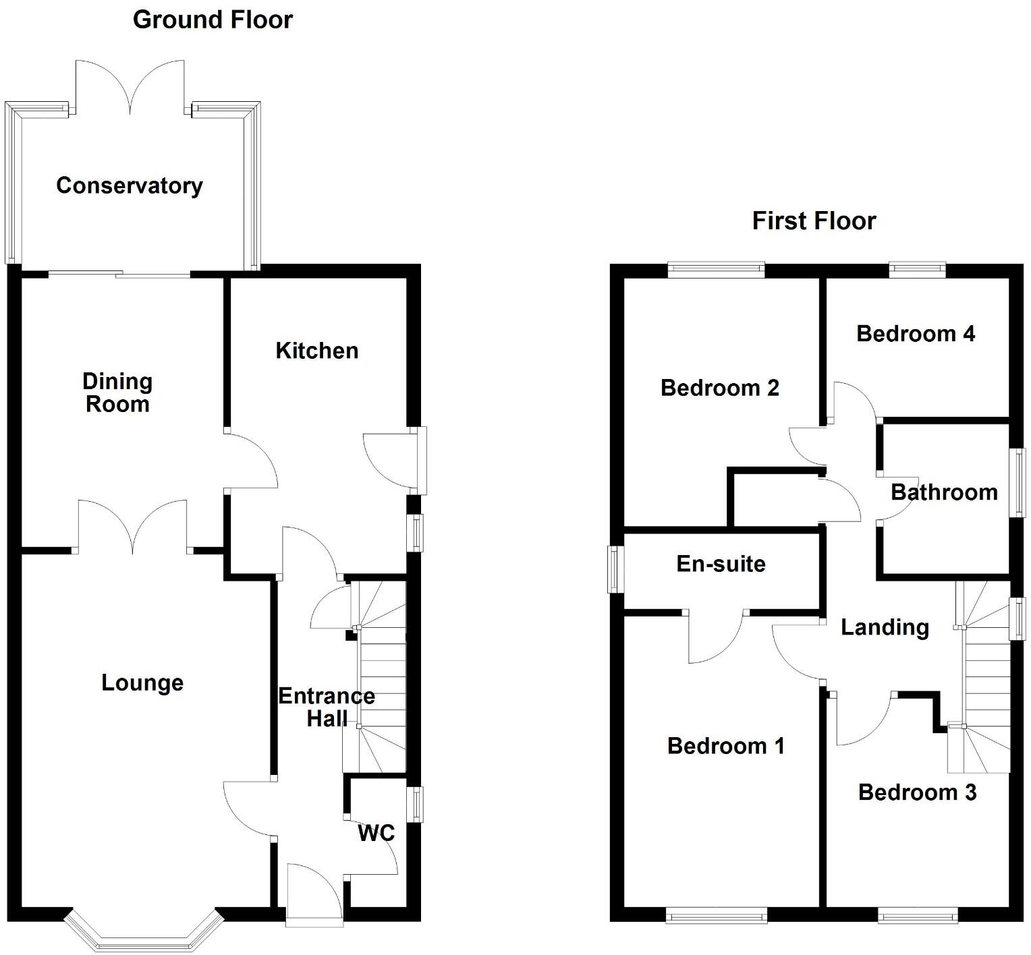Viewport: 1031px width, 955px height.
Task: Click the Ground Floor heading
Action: coord(213,20)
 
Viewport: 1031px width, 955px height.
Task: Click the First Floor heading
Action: coord(814,221)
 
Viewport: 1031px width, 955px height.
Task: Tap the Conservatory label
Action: coord(130,185)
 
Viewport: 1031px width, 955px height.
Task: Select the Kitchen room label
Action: coord(316,351)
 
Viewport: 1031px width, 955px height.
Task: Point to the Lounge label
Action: coord(142,683)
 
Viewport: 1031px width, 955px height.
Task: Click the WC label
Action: coord(376,834)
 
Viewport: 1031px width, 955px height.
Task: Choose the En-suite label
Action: coord(721,564)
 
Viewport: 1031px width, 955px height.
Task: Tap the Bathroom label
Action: coord(944,492)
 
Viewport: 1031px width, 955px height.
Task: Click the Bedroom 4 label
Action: coord(916,333)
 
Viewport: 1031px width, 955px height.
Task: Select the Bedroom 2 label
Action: coord(720,388)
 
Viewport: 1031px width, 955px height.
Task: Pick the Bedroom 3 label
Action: coord(917,792)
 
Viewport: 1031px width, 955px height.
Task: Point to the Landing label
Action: coord(885,628)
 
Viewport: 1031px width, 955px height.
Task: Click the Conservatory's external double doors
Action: coord(130,88)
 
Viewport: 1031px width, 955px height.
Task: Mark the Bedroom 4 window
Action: coord(917,270)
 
